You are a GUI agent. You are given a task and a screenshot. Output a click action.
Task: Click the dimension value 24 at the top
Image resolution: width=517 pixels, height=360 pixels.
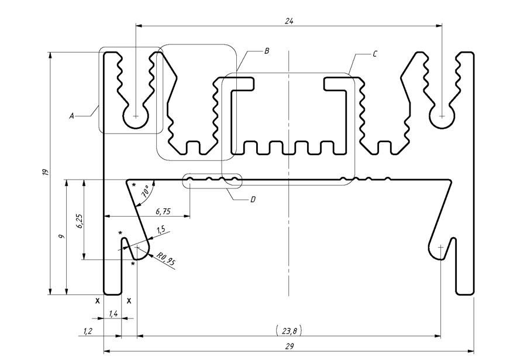(x=289, y=21)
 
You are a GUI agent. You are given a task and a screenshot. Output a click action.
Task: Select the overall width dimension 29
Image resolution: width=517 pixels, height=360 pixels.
(x=289, y=346)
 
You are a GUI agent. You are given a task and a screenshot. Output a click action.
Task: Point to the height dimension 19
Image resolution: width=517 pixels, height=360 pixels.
(x=46, y=172)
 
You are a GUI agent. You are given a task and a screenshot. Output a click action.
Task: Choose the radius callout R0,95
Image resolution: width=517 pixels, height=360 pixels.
(x=166, y=259)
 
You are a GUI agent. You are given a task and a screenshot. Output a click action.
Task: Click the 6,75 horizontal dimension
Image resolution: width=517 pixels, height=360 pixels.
(x=163, y=211)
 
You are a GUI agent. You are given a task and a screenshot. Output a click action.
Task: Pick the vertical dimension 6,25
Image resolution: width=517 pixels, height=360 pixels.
(x=79, y=221)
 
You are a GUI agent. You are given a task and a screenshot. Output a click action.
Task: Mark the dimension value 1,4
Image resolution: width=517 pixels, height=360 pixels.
(x=113, y=314)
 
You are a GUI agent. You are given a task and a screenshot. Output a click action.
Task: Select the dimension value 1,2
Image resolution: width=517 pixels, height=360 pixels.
(x=88, y=331)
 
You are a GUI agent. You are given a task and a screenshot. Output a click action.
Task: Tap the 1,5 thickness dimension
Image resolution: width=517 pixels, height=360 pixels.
(x=161, y=230)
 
